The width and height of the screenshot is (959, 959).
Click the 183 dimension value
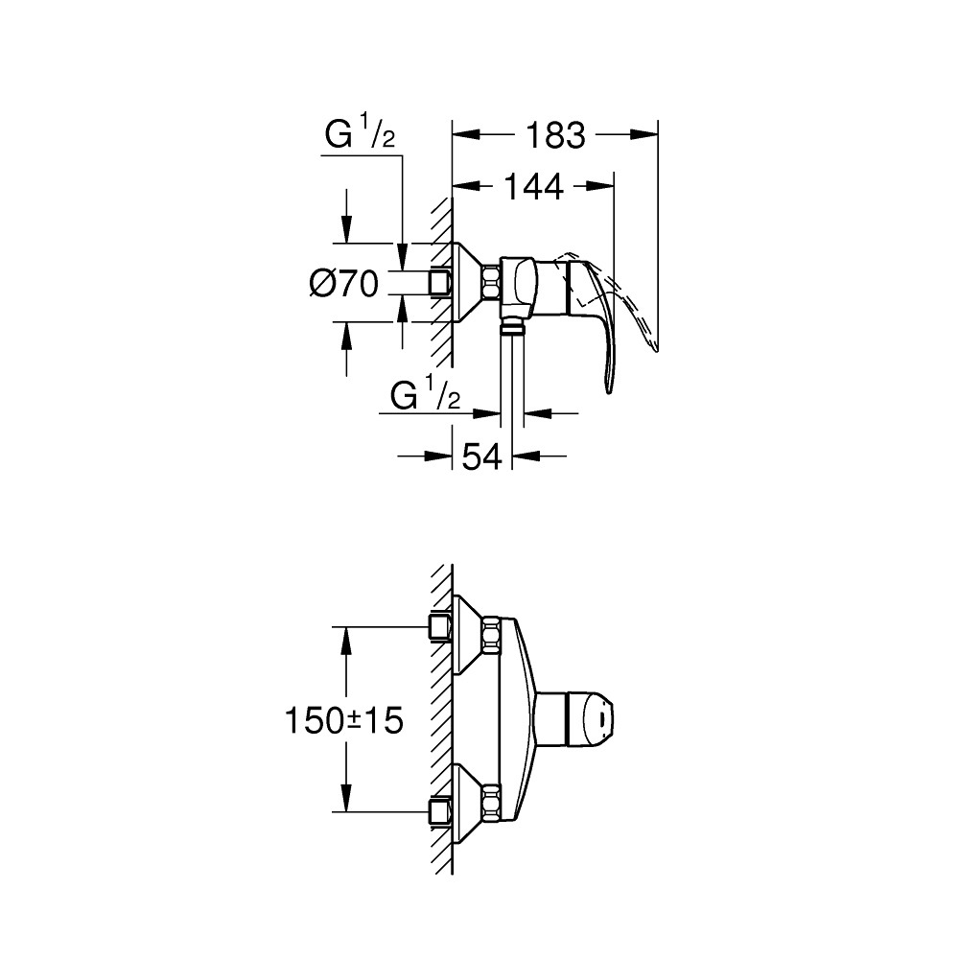[555, 135]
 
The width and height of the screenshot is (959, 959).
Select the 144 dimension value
[532, 187]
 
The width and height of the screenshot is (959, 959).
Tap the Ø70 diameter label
[344, 284]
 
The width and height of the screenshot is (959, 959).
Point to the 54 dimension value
[482, 456]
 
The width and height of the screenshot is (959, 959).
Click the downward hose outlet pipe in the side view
[512, 374]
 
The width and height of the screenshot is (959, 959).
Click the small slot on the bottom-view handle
[600, 714]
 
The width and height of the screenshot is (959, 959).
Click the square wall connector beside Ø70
[440, 283]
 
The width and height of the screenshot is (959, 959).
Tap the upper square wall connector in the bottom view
[440, 628]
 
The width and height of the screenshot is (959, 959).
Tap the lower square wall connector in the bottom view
[440, 810]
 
